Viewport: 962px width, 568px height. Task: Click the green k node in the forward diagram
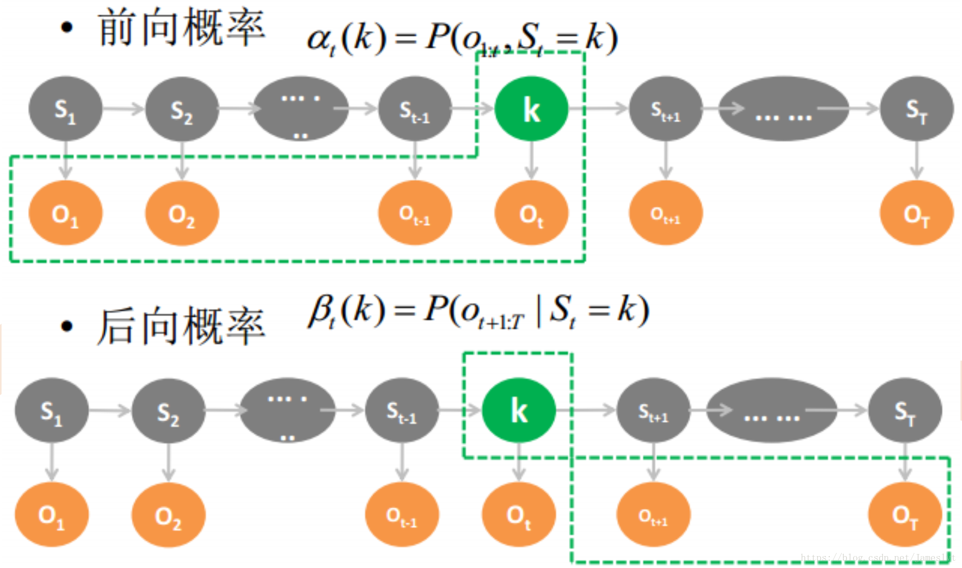tap(531, 109)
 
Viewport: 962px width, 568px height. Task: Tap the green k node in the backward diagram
tap(519, 410)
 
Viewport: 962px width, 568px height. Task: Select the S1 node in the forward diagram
tap(65, 109)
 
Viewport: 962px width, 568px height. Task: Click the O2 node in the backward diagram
tap(168, 515)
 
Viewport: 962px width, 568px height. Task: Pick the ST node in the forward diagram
tap(916, 109)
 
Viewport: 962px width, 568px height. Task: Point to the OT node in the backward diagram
tap(905, 515)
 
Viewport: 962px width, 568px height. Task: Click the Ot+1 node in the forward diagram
tap(666, 213)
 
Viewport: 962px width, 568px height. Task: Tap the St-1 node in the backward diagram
tap(402, 410)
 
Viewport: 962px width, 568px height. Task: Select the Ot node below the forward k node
tap(531, 213)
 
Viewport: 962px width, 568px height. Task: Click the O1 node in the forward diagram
tap(65, 213)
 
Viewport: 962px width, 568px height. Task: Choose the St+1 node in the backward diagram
tap(653, 410)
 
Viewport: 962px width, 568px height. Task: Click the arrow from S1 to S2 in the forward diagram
tap(123, 109)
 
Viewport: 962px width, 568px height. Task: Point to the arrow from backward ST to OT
tap(905, 462)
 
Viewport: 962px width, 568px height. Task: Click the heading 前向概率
tap(181, 29)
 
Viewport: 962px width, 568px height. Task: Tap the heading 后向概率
tap(181, 326)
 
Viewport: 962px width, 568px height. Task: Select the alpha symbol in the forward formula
tap(319, 39)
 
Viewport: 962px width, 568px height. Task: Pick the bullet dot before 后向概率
tap(66, 326)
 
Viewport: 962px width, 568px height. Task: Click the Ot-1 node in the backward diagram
tap(402, 515)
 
